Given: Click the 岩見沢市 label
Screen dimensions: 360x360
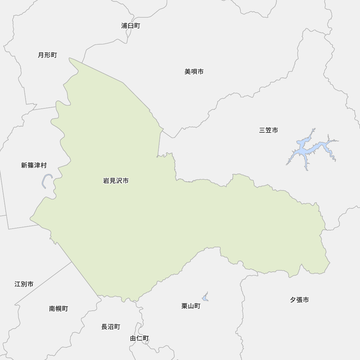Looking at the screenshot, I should click(x=116, y=181).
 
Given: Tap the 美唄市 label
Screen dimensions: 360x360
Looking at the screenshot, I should click(x=194, y=72).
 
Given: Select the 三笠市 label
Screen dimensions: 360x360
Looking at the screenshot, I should click(x=268, y=130).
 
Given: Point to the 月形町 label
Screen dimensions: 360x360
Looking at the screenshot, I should click(x=47, y=55).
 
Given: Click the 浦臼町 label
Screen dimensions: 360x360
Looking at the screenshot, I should click(x=130, y=26).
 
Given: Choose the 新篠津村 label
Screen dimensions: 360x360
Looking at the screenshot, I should click(x=34, y=165).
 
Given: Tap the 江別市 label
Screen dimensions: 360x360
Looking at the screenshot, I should click(x=24, y=284).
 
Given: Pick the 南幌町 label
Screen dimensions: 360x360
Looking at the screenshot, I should click(x=58, y=309).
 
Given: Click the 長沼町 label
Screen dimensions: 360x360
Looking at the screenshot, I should click(x=111, y=327).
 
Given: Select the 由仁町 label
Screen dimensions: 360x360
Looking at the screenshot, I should click(x=139, y=338).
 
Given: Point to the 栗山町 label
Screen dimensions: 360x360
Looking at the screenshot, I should click(x=191, y=306).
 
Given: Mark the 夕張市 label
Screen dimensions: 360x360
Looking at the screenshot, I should click(x=299, y=300).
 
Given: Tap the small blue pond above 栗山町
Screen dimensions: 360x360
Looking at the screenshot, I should click(x=205, y=297).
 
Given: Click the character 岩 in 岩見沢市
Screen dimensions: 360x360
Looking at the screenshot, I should click(x=106, y=181).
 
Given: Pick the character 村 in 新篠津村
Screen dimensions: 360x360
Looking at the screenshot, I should click(x=44, y=165).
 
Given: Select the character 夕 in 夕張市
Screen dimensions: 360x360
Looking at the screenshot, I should click(x=293, y=300).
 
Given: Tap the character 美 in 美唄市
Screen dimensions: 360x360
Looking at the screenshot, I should click(x=188, y=72).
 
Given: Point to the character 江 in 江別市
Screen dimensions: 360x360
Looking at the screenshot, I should click(x=18, y=284).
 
